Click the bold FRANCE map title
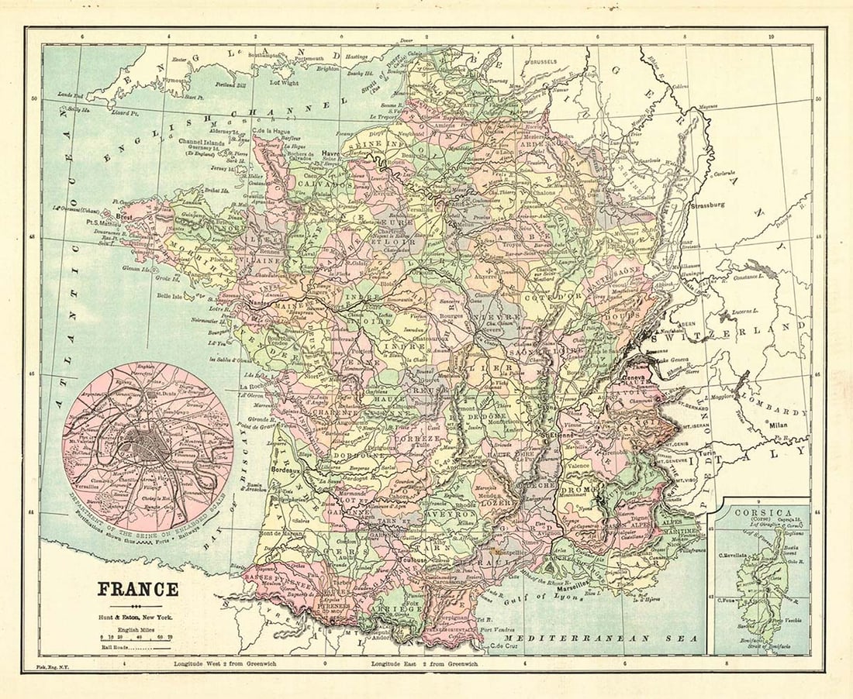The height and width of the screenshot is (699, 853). pos(138,589)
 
